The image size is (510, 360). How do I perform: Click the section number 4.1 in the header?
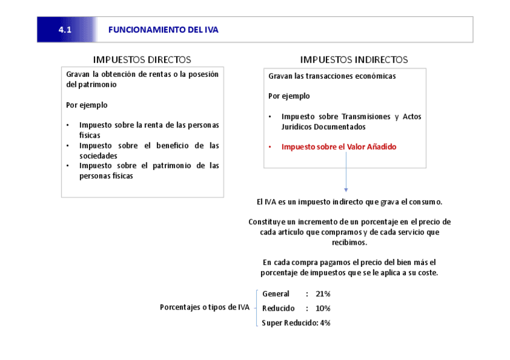pyautogui.click(x=65, y=30)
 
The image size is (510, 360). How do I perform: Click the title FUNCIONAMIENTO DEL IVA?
pyautogui.click(x=164, y=30)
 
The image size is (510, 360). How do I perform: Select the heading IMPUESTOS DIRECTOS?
pyautogui.click(x=142, y=59)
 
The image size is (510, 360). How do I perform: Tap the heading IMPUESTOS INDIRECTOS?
pyautogui.click(x=354, y=59)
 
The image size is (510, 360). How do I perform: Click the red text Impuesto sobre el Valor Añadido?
pyautogui.click(x=339, y=147)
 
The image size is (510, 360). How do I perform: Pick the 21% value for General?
pyautogui.click(x=323, y=294)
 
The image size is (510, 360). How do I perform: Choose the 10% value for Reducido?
pyautogui.click(x=323, y=308)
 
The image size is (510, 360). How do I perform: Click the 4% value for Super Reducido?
pyautogui.click(x=325, y=323)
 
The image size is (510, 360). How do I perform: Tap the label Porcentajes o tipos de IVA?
pyautogui.click(x=204, y=307)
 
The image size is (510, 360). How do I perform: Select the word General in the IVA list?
pyautogui.click(x=275, y=294)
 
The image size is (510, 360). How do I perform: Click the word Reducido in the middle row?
pyautogui.click(x=278, y=308)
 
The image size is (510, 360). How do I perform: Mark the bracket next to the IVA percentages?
pyautogui.click(x=257, y=308)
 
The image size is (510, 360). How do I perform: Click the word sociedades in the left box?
pyautogui.click(x=98, y=156)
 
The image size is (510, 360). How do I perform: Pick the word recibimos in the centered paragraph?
pyautogui.click(x=349, y=242)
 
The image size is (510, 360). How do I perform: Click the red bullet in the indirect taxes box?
pyautogui.click(x=270, y=147)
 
